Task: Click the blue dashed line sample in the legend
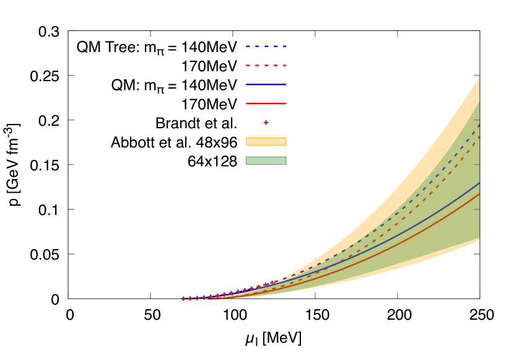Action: [x=266, y=46]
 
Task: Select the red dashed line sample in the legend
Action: [x=266, y=65]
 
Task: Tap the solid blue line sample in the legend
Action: [x=266, y=84]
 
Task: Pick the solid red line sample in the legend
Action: [x=266, y=103]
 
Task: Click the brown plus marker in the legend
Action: [x=266, y=123]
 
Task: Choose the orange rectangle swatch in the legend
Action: [x=266, y=141]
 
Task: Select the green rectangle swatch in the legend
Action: [x=266, y=160]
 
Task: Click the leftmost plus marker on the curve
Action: [x=183, y=299]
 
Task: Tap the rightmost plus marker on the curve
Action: [x=272, y=283]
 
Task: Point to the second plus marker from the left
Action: [x=190, y=298]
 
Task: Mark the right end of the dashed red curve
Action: [x=479, y=137]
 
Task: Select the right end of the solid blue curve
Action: [x=479, y=183]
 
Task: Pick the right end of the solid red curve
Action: [x=479, y=194]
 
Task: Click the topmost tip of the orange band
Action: [x=479, y=77]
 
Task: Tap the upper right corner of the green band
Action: [x=479, y=103]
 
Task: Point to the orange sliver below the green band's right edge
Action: [x=477, y=240]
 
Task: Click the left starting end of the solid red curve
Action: [x=209, y=299]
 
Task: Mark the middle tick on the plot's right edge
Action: [x=477, y=165]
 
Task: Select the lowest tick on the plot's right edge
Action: [x=477, y=209]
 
